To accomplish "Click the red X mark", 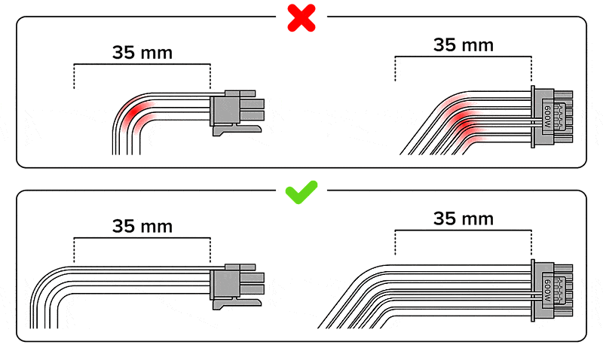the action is click(x=301, y=17).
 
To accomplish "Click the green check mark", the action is click(x=301, y=192).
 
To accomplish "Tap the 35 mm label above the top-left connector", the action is click(x=142, y=53).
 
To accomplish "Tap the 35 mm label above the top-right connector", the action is click(x=464, y=45).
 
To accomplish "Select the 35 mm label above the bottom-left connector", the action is click(x=142, y=226).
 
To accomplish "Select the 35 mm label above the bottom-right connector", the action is click(x=464, y=218).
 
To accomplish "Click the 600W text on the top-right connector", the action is click(x=548, y=117).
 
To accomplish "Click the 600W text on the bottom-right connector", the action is click(x=548, y=291).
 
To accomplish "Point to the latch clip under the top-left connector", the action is click(x=237, y=130).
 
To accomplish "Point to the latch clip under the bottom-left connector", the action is click(x=237, y=304).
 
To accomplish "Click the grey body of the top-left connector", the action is click(x=225, y=111).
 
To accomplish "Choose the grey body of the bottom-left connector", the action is click(x=225, y=285).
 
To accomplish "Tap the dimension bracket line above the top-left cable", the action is click(x=142, y=64).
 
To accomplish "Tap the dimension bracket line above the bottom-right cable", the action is click(x=463, y=230).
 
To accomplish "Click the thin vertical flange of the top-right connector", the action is click(x=533, y=117).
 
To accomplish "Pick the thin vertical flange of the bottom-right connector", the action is click(x=533, y=290).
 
